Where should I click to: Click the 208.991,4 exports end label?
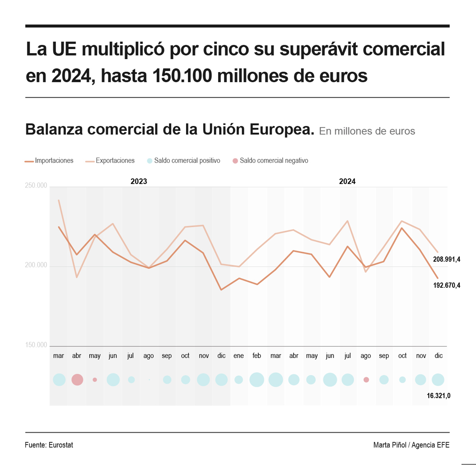(447, 260)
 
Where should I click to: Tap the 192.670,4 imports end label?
(447, 285)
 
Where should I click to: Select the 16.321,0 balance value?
(438, 396)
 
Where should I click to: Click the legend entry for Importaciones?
(49, 161)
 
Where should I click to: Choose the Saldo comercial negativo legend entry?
(270, 161)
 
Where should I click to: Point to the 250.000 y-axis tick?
(36, 186)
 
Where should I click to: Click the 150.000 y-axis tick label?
(36, 345)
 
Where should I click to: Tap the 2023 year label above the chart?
(139, 182)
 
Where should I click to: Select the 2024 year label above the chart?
(347, 182)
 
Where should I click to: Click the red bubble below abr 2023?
(77, 380)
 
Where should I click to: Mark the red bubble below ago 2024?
(366, 380)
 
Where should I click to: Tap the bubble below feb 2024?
(257, 380)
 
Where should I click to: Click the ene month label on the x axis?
(238, 356)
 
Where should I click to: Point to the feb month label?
(257, 356)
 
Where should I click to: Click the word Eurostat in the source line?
(61, 445)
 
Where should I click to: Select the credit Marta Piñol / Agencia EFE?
(411, 445)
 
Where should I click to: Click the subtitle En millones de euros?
(367, 131)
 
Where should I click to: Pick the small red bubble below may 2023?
(95, 380)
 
